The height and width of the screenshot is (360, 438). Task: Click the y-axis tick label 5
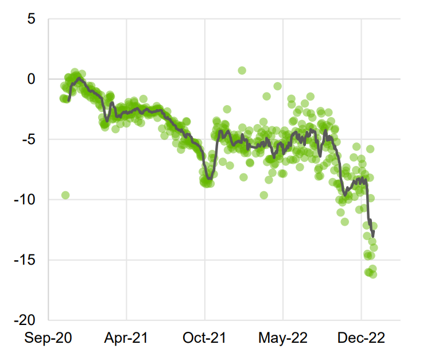pyautogui.click(x=32, y=20)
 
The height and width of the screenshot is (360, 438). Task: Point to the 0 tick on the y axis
pyautogui.click(x=32, y=79)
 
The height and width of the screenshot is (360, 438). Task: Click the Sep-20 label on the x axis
pyautogui.click(x=48, y=339)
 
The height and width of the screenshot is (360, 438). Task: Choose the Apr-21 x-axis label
pyautogui.click(x=126, y=339)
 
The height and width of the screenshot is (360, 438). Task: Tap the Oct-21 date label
pyautogui.click(x=205, y=339)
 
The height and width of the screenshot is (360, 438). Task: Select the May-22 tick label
pyautogui.click(x=283, y=339)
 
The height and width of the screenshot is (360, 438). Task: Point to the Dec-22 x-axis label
pyautogui.click(x=361, y=339)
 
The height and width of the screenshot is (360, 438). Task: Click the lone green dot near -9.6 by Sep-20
pyautogui.click(x=65, y=195)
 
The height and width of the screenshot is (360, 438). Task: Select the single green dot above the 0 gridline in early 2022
pyautogui.click(x=242, y=71)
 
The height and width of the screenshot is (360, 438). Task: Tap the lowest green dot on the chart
pyautogui.click(x=373, y=274)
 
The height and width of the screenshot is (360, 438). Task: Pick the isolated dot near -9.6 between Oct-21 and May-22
pyautogui.click(x=264, y=195)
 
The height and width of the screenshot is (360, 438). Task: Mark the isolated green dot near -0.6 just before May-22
pyautogui.click(x=278, y=86)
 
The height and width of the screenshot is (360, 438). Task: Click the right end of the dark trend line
pyautogui.click(x=374, y=236)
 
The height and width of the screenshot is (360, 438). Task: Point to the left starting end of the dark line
pyautogui.click(x=69, y=100)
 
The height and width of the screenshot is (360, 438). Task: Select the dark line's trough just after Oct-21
pyautogui.click(x=209, y=180)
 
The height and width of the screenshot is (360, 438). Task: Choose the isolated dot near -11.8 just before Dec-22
pyautogui.click(x=344, y=222)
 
